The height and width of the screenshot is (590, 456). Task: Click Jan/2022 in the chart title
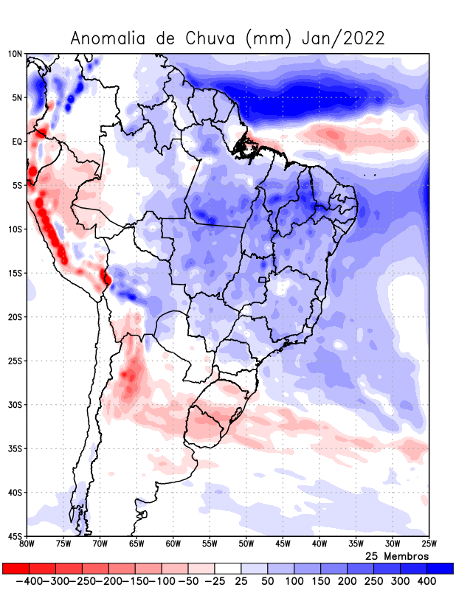click(x=343, y=38)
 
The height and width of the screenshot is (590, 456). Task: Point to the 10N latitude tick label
click(x=15, y=54)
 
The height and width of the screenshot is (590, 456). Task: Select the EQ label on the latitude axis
click(x=17, y=142)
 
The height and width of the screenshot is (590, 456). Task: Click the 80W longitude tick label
click(x=27, y=544)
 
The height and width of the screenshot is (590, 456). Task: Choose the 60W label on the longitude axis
click(x=173, y=544)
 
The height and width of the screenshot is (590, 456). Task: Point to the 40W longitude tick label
click(x=319, y=544)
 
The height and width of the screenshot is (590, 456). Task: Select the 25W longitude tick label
click(x=428, y=544)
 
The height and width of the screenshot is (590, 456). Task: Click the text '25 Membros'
click(x=396, y=555)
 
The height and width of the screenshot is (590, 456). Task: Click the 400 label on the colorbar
click(x=426, y=581)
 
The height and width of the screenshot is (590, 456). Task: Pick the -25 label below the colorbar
click(x=213, y=581)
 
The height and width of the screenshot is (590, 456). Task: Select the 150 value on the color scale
click(x=320, y=581)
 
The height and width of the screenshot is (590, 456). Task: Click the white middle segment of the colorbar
click(x=227, y=569)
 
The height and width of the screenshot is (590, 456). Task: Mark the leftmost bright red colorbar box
click(x=15, y=569)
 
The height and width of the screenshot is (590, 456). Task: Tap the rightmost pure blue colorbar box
click(x=440, y=569)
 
